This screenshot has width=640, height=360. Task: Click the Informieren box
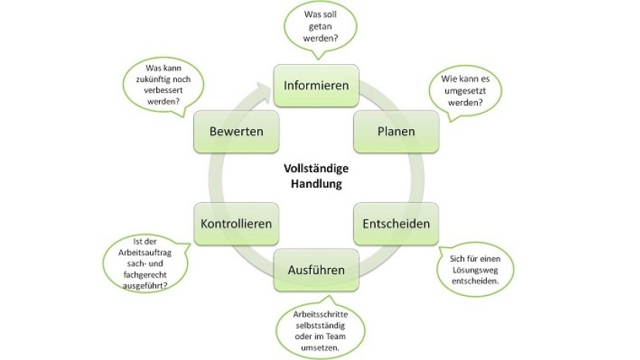316,85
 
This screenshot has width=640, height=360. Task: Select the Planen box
396,131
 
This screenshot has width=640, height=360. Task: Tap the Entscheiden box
396,223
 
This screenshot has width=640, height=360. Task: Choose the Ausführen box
316,270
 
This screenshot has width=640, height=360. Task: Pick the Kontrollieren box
237,223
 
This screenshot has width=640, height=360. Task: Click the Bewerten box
237,131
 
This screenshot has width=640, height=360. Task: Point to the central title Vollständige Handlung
315,177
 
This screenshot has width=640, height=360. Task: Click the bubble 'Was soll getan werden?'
321,26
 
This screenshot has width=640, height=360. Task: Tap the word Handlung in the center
316,185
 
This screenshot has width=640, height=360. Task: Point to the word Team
340,335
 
